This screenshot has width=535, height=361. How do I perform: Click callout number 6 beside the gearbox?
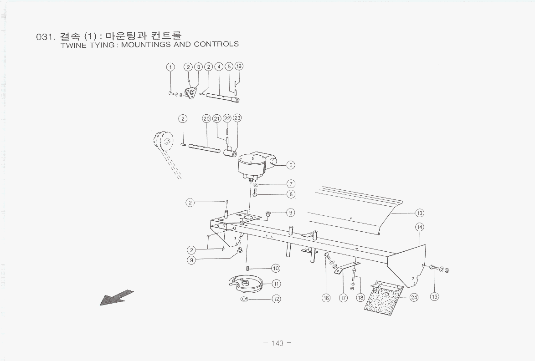(291, 165)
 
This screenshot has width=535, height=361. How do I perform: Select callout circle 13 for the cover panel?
(420, 213)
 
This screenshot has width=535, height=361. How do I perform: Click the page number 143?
(277, 343)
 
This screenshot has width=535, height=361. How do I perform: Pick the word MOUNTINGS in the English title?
(142, 44)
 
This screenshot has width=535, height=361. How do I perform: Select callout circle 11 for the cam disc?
(276, 284)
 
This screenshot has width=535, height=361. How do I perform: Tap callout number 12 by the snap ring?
(276, 299)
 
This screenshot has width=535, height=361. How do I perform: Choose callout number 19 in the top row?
(239, 66)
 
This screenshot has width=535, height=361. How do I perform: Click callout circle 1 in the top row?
(170, 67)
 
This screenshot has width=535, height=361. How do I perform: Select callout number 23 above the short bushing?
(237, 118)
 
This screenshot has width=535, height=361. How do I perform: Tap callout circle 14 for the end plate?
(420, 227)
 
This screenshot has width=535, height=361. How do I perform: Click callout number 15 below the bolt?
(434, 297)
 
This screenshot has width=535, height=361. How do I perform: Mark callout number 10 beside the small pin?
(276, 269)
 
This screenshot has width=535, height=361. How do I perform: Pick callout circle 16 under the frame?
(326, 298)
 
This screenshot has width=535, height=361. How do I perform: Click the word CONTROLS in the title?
(216, 44)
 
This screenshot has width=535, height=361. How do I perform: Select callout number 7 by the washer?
(290, 184)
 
